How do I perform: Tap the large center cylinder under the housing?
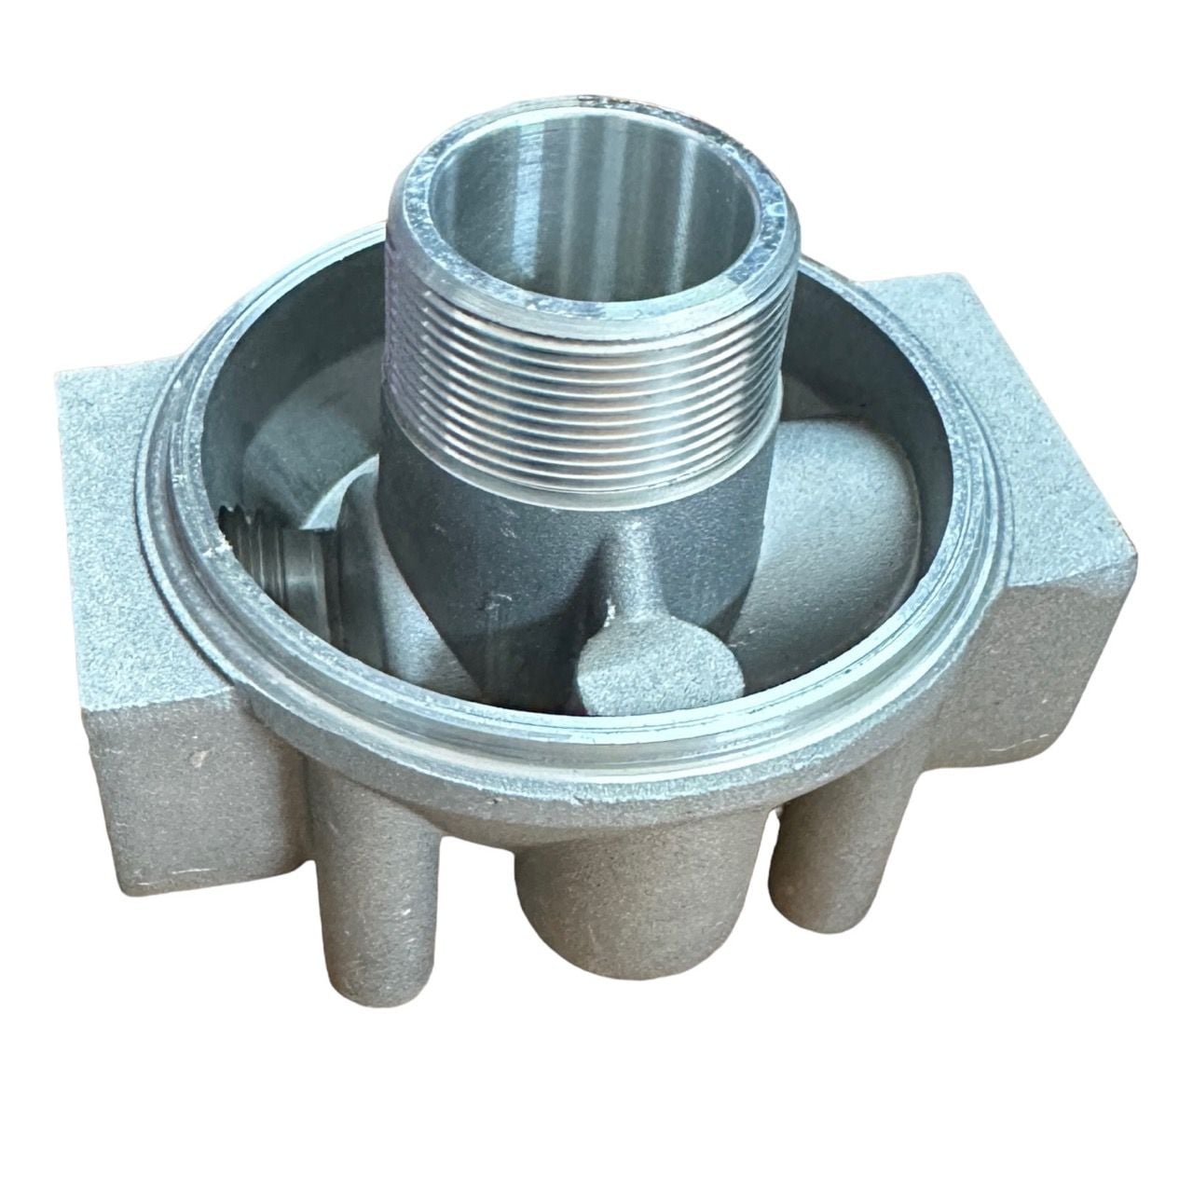coord(596,932)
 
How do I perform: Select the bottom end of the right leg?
coord(820,969)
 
